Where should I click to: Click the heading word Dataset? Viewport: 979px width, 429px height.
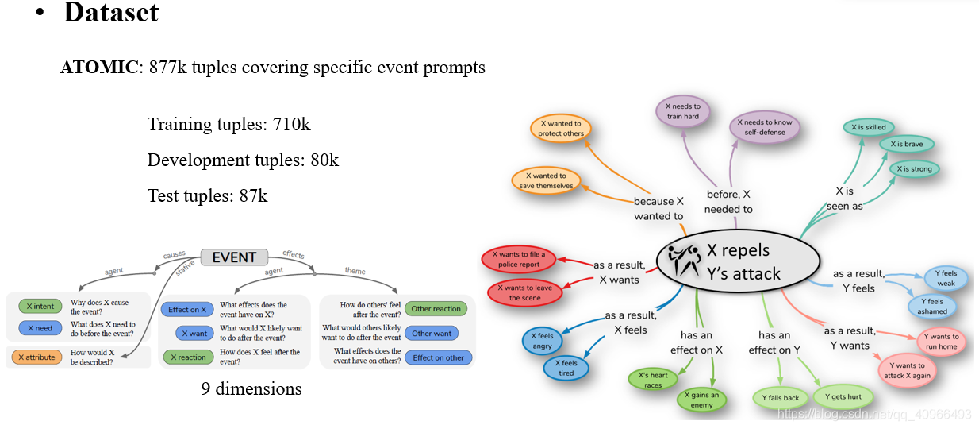click(111, 13)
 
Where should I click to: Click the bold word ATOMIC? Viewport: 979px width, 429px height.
click(99, 68)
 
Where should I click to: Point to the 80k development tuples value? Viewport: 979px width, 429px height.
click(324, 160)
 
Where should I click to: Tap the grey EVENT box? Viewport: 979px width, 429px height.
click(234, 257)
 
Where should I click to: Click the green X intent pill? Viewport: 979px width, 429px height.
click(40, 306)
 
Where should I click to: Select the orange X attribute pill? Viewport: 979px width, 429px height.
click(36, 357)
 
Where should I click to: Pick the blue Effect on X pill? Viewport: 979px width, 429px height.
click(187, 310)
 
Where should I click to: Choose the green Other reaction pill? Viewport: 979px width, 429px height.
click(436, 309)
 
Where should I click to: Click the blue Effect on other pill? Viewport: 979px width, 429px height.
click(438, 357)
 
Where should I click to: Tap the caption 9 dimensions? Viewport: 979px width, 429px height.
click(251, 389)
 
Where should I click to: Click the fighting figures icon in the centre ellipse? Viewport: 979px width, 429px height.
click(683, 261)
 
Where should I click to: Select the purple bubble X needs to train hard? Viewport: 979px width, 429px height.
click(681, 111)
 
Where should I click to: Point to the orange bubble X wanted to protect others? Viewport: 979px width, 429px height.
click(561, 129)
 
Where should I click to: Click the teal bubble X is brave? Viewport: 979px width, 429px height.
click(906, 145)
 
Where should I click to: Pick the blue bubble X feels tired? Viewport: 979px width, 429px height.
click(566, 368)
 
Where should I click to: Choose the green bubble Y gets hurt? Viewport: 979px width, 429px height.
click(842, 397)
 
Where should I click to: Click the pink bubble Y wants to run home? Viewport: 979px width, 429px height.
click(941, 342)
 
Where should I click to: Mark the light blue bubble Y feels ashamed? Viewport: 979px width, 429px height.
click(931, 307)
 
